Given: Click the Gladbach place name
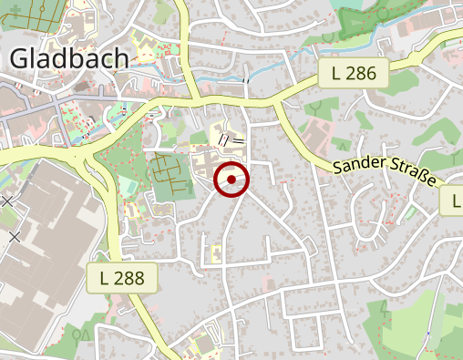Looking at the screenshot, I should point(68,59).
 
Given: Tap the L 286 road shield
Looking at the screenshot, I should point(354,74).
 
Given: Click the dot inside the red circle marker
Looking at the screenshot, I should point(231,180).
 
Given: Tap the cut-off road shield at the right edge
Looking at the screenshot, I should point(453,201).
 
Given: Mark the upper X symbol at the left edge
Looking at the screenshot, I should point(7,201).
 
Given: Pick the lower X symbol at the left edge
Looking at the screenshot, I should point(15,237).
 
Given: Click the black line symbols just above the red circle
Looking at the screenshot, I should point(231,141).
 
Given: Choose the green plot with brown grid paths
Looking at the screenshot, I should point(170,175).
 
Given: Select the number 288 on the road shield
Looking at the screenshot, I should point(129,278).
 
